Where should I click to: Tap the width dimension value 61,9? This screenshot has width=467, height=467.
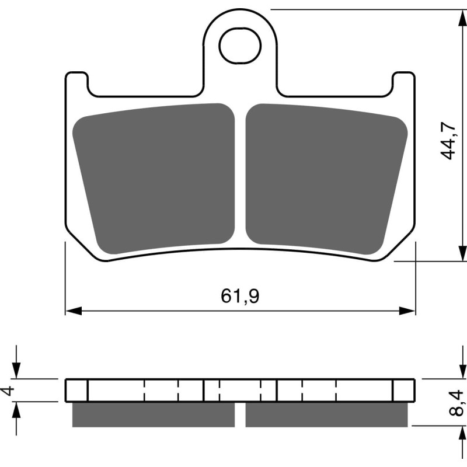click(240, 297)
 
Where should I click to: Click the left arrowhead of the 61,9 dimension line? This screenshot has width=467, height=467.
click(71, 311)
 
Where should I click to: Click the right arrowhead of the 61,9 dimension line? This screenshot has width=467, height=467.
click(409, 311)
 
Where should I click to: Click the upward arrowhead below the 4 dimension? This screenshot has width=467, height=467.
click(17, 409)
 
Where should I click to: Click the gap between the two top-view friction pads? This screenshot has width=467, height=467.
click(240, 175)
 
